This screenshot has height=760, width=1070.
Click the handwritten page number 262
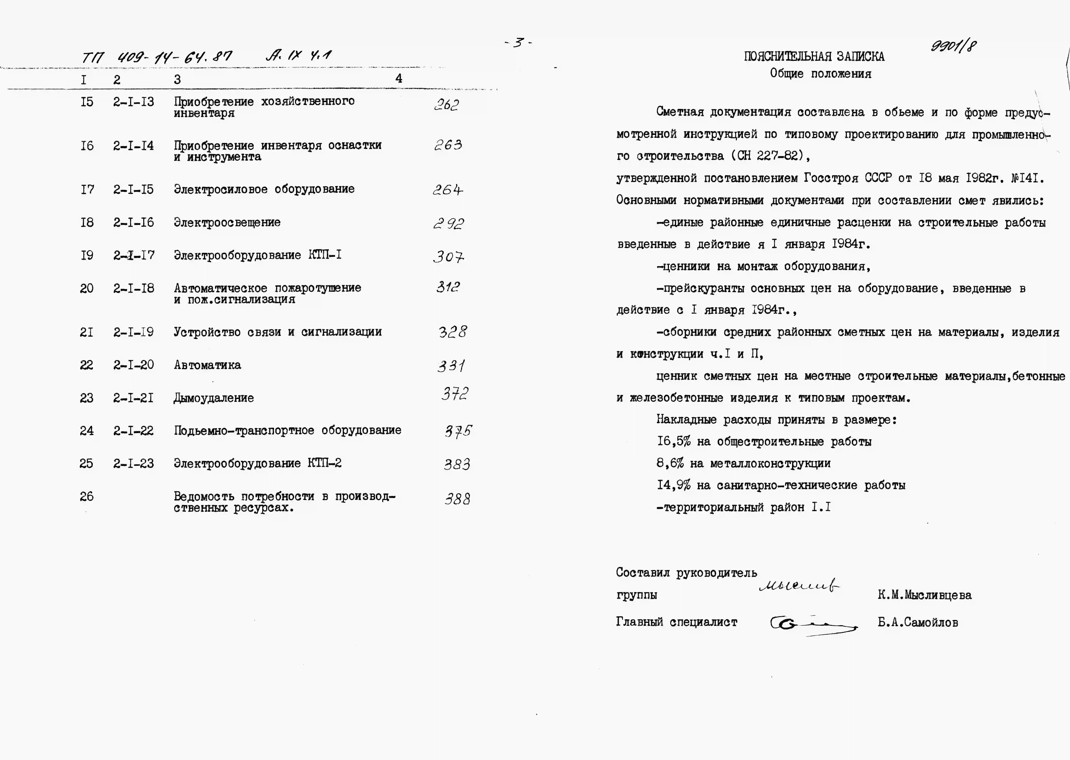[447, 105]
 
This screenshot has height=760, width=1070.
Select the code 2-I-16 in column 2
[133, 223]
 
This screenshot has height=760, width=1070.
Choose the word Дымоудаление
[214, 398]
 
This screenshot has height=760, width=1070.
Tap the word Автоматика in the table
[207, 366]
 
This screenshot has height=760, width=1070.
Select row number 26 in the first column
[87, 497]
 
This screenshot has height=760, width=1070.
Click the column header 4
[399, 79]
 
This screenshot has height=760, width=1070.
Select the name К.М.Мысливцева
[924, 595]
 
